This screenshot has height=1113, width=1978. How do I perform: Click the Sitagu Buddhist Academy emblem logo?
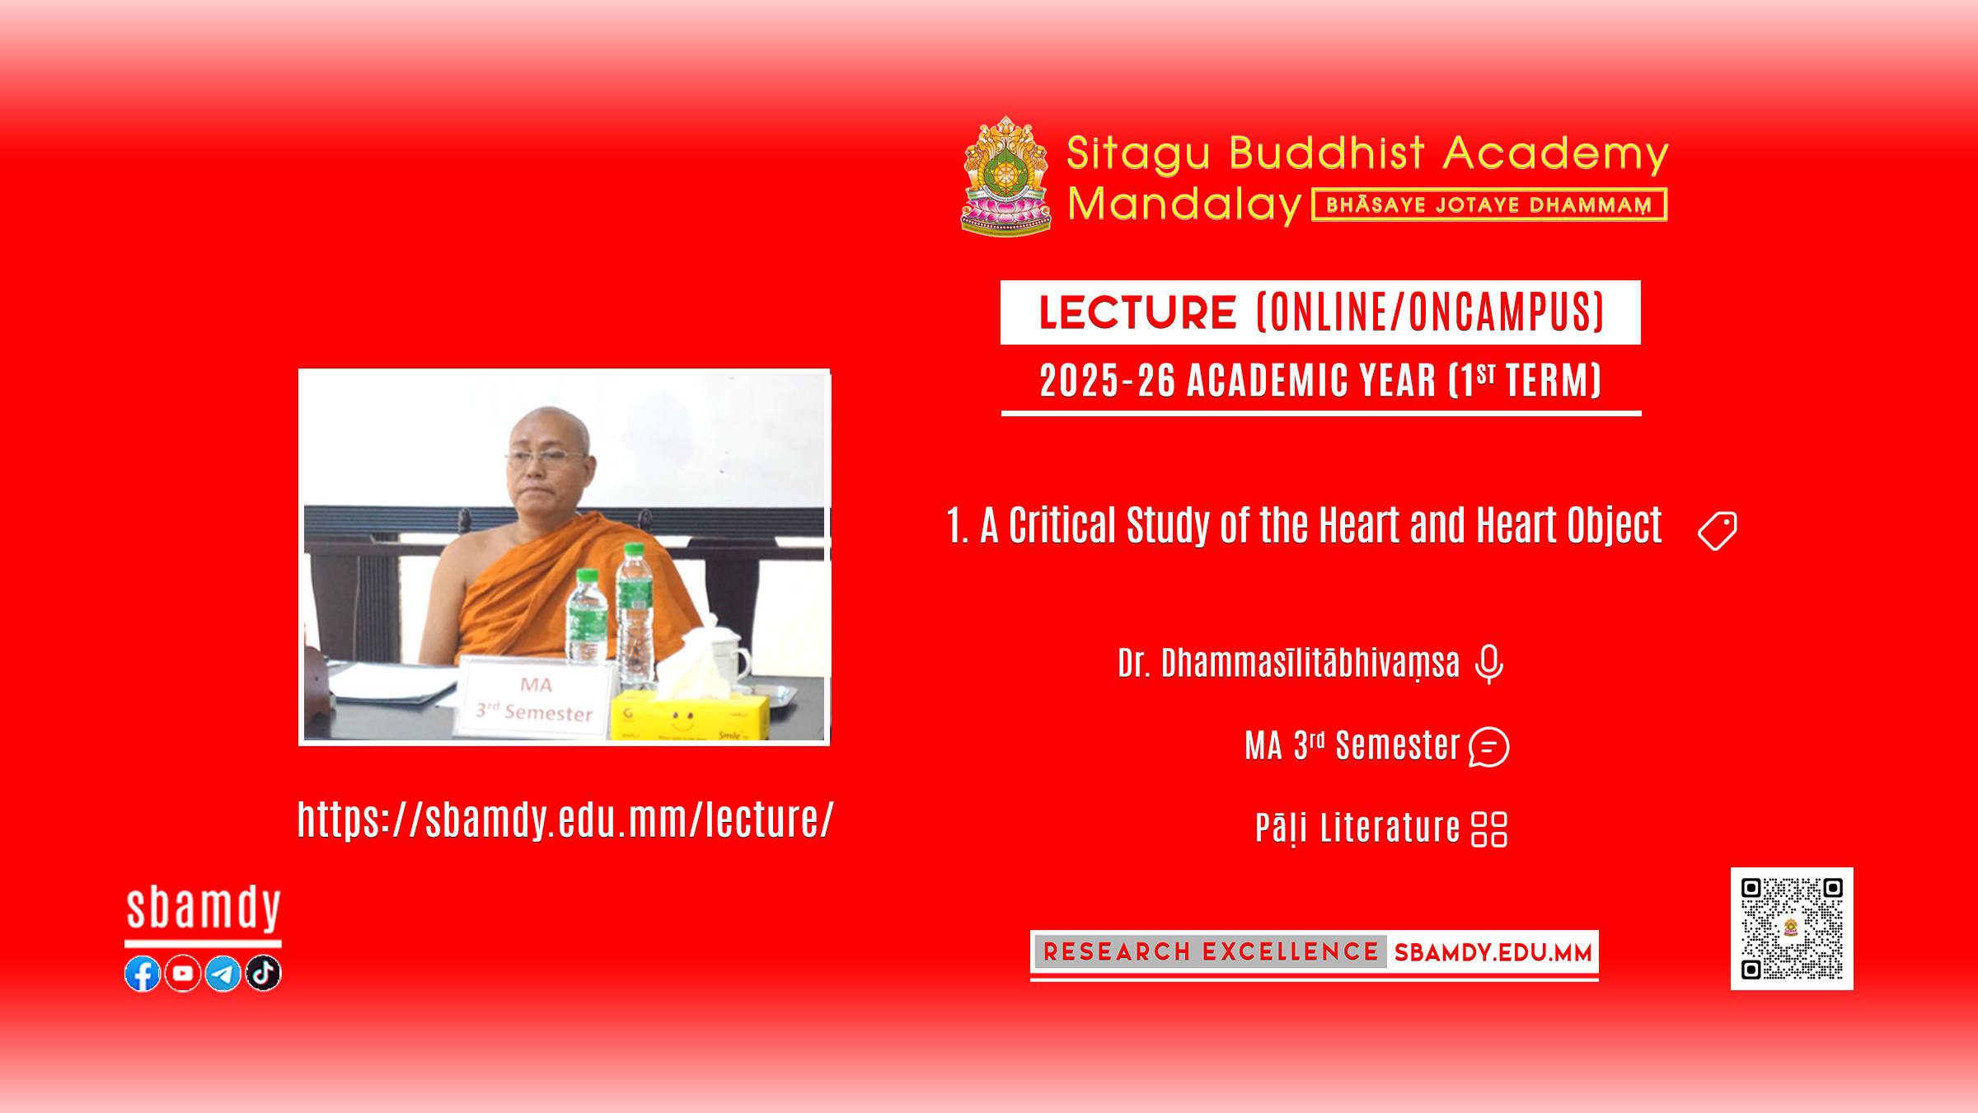coord(1005,175)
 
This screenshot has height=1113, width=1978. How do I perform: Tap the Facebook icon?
coord(143,974)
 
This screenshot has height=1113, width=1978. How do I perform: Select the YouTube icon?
coord(182,974)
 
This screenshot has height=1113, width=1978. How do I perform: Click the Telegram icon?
coord(223,974)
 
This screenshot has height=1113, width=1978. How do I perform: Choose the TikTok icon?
coord(263,974)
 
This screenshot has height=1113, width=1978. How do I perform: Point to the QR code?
coord(1792,928)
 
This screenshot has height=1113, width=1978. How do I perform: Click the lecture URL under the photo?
coord(565,819)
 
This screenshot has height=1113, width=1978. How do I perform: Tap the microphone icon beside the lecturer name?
coord(1488,665)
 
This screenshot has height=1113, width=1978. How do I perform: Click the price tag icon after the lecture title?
coord(1718,530)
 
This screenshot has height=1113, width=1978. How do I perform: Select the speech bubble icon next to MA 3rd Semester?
coord(1488,748)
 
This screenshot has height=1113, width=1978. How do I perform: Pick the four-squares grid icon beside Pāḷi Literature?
coord(1489,829)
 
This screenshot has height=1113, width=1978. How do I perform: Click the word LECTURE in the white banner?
coord(1137,312)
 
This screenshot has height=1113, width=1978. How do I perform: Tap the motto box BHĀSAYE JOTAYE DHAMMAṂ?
coord(1489,205)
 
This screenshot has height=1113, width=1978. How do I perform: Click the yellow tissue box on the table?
coord(689,714)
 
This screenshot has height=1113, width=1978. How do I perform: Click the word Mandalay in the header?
coord(1184,204)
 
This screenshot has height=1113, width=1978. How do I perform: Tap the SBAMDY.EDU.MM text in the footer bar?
coord(1493,953)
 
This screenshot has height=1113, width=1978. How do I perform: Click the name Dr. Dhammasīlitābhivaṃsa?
coord(1288,664)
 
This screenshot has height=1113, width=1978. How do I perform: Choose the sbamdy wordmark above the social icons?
coord(204,909)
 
